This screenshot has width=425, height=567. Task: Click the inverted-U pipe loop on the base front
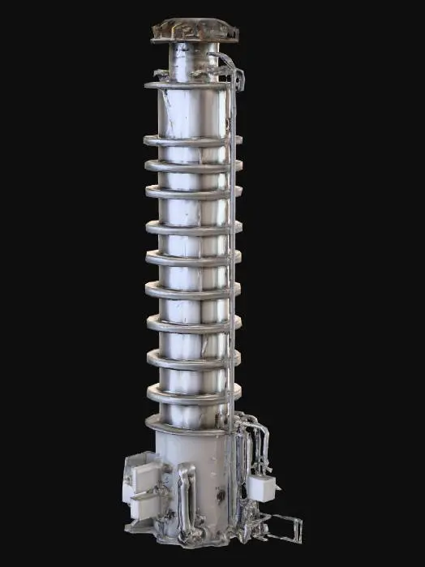(187, 495)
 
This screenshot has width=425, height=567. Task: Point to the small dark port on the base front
(218, 491)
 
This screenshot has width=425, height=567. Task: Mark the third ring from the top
(191, 166)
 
